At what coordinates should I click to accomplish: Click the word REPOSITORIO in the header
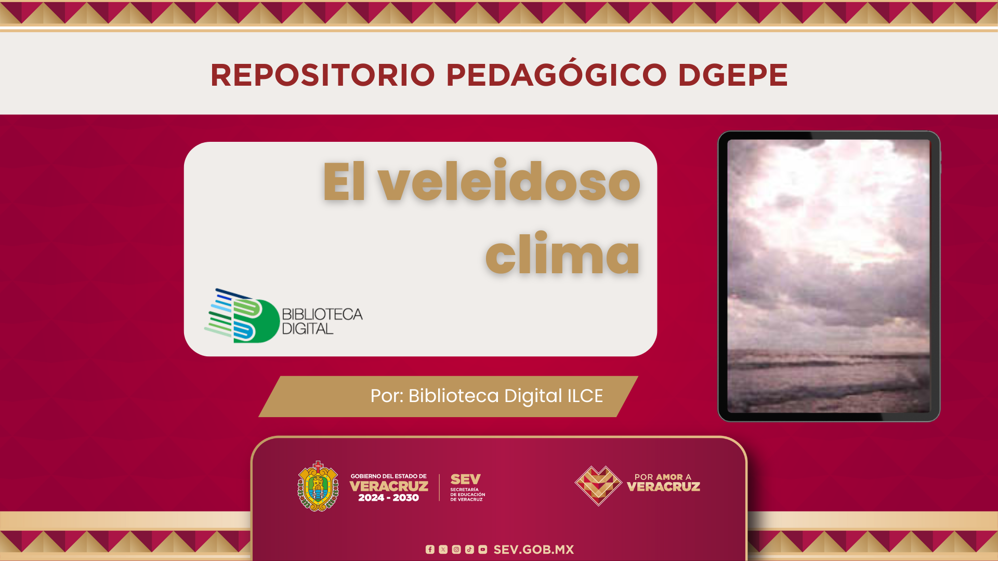coord(323,75)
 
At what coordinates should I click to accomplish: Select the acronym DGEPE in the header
coord(733,75)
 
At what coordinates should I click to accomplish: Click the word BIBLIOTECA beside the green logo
coord(322,314)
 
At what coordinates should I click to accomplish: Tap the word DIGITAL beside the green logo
coord(307,329)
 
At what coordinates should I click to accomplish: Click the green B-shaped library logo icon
coord(242,316)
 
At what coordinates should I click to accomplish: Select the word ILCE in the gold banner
coord(585,396)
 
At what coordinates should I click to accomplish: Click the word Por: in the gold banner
coord(387,396)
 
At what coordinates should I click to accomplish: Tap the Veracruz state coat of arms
coord(318,487)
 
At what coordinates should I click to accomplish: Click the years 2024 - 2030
coord(388,498)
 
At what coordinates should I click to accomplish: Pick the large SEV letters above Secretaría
coord(466,479)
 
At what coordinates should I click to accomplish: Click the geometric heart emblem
coord(598,486)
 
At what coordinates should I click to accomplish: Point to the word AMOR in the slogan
coord(669,477)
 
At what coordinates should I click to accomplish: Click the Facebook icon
coord(430,550)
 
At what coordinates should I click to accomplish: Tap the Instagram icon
coord(456,550)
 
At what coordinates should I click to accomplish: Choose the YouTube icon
coord(483,550)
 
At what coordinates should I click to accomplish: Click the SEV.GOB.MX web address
coord(534,550)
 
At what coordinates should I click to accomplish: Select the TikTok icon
coord(470,550)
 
